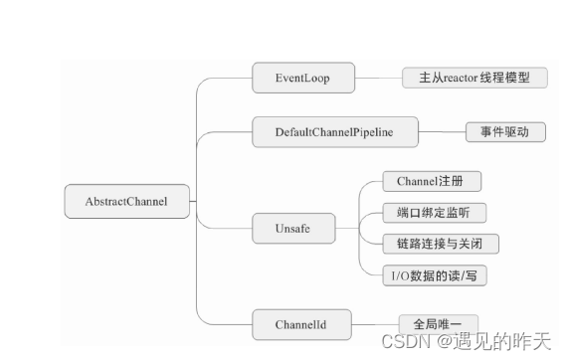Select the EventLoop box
click(x=302, y=77)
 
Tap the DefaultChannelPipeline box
click(x=333, y=131)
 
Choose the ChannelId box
click(x=300, y=322)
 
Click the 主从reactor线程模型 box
click(x=474, y=77)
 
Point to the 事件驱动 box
click(x=505, y=131)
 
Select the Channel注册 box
click(x=432, y=182)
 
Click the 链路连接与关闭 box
click(x=440, y=243)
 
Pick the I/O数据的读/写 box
click(x=435, y=273)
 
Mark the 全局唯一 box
click(x=439, y=323)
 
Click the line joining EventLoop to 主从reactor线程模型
click(x=378, y=77)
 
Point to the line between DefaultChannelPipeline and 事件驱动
click(x=443, y=131)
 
